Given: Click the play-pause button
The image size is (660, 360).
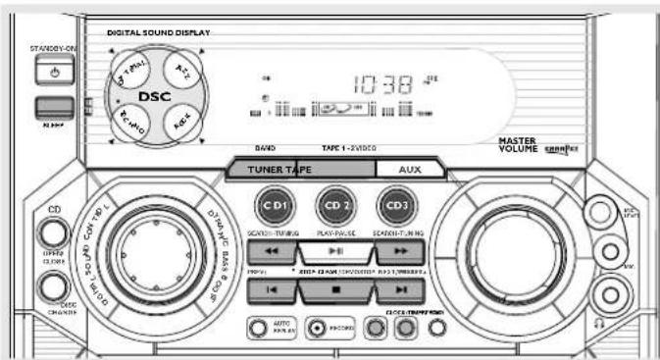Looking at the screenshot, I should [x=334, y=252].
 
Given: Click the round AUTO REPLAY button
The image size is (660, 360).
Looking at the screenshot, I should [x=256, y=327].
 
